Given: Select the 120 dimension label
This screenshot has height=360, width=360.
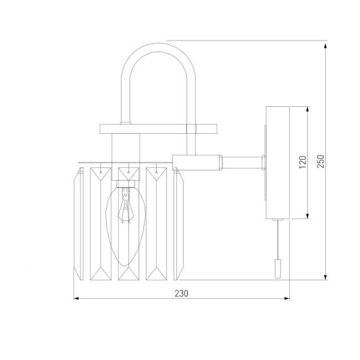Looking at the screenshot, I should pos(303,162).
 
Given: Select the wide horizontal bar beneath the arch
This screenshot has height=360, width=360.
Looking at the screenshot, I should pos(158,129).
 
